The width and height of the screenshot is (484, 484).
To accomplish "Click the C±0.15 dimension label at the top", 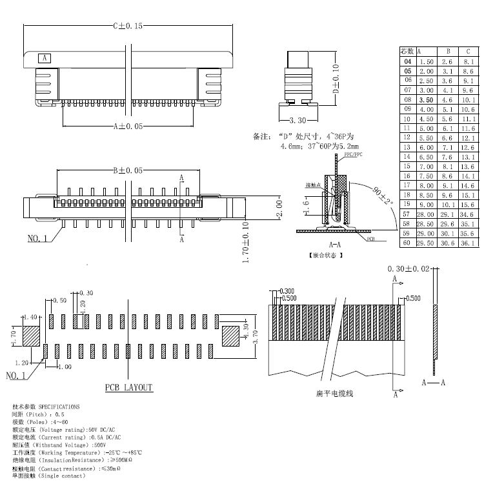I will (128, 26).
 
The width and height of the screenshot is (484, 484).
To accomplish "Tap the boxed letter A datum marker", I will (45, 58).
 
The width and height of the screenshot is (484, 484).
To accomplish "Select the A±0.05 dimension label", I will (128, 126).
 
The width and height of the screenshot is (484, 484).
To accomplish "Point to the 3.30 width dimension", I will (297, 120).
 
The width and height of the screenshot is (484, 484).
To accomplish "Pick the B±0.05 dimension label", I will (128, 170).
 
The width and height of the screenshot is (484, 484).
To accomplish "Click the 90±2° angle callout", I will (383, 196).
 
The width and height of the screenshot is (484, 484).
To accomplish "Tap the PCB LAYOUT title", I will (129, 387).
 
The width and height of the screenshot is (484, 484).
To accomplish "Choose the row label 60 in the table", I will (407, 243).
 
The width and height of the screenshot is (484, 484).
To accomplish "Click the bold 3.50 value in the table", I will (425, 100).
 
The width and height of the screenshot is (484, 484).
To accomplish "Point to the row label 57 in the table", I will (407, 214).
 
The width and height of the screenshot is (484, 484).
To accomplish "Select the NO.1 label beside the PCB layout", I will (16, 375).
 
